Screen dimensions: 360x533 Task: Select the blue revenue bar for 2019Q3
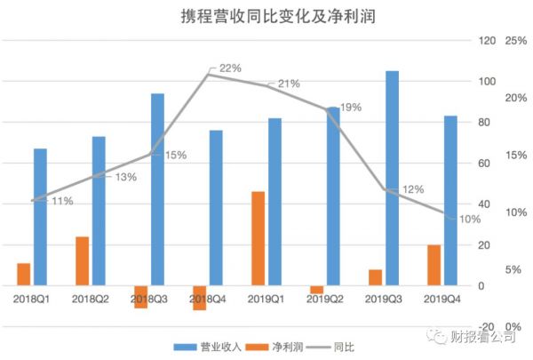(392, 178)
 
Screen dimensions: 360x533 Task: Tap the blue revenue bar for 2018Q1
(40, 217)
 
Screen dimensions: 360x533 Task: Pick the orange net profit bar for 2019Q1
(259, 238)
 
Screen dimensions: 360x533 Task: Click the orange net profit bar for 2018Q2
(83, 261)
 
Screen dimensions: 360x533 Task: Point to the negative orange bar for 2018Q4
(200, 298)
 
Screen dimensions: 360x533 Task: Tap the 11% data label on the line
(61, 201)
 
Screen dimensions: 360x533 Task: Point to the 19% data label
(350, 108)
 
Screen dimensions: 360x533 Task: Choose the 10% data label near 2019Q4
(468, 219)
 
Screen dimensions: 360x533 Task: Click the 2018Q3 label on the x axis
(148, 300)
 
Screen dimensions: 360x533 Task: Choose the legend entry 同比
(330, 346)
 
